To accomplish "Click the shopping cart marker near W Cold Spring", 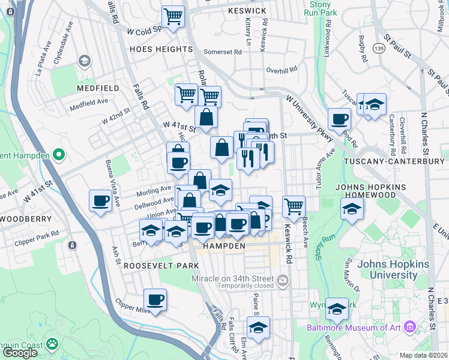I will pos(173,17).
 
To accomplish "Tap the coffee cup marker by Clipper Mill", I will pos(155,299).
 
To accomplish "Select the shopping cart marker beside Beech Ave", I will pos(294,206).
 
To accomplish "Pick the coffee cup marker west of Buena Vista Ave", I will pos(101,200).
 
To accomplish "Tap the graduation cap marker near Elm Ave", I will pos(258,328).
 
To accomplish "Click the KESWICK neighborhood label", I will pos(247,11).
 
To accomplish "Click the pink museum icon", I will pos(410,327).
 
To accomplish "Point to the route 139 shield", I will pos(379,48).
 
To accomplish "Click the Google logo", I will pos(20,352).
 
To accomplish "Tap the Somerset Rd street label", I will pos(222,52).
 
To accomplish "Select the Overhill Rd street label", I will pos(282,70).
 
